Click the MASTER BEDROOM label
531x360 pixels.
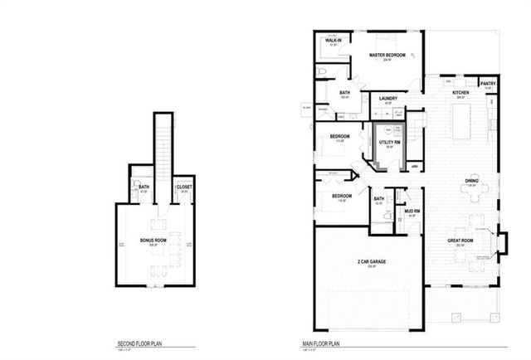[387, 55]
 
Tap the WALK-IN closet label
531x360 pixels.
[334, 40]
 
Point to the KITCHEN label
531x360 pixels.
[460, 93]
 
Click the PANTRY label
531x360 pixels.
[488, 83]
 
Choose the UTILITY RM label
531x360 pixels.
[390, 143]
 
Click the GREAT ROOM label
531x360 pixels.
[460, 240]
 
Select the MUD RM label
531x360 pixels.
[412, 212]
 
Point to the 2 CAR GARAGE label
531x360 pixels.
[373, 261]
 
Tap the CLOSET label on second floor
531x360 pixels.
[183, 187]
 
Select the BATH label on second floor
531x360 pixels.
[144, 187]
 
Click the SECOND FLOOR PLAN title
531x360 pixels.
[137, 342]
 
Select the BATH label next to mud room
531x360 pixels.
[379, 199]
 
